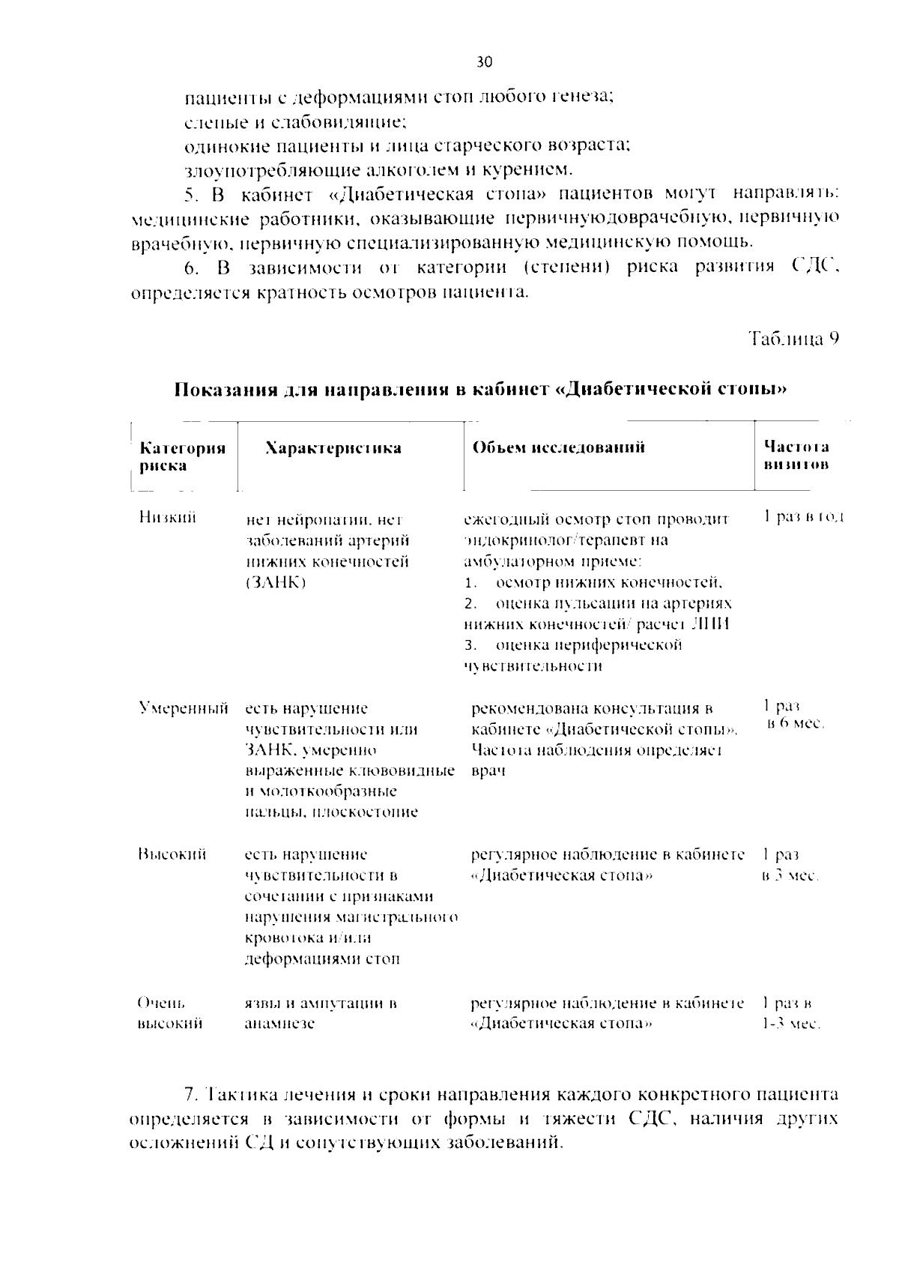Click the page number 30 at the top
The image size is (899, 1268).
[484, 63]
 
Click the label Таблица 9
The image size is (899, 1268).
[793, 339]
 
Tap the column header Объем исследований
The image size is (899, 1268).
[558, 448]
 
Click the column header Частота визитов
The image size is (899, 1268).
[796, 456]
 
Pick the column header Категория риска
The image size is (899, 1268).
[183, 456]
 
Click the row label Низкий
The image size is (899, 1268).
[167, 517]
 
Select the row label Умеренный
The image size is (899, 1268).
[183, 708]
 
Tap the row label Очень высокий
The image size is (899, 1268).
[169, 1013]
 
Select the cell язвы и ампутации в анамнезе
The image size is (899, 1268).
[321, 1013]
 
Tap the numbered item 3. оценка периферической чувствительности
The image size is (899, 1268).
[573, 656]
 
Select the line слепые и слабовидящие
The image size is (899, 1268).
[295, 121]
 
